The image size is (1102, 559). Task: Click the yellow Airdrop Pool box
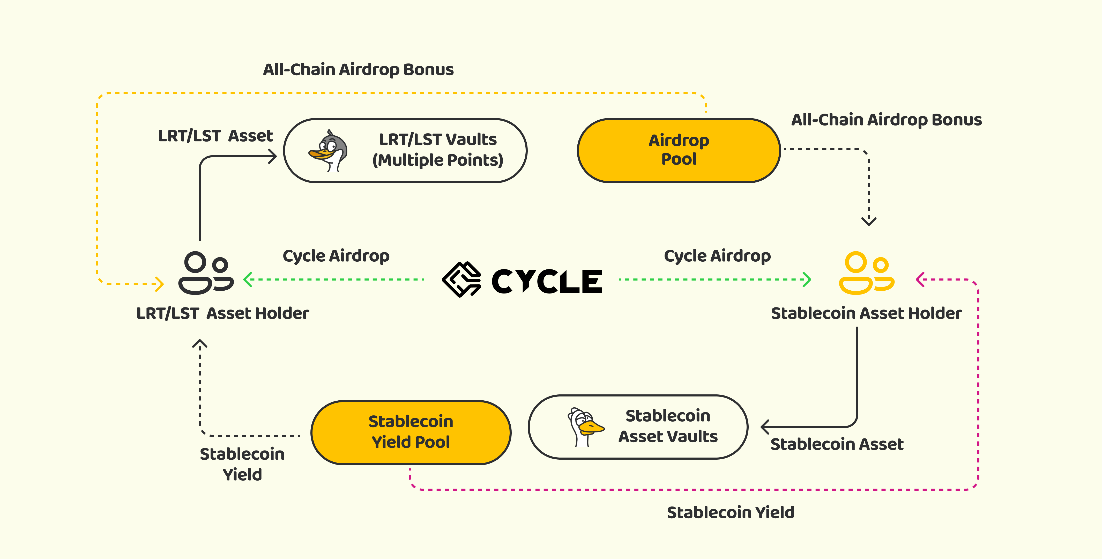click(x=679, y=151)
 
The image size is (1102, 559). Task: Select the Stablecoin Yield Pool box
click(x=411, y=432)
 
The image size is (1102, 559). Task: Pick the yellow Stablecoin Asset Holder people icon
click(x=866, y=273)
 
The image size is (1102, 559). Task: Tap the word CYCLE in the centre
click(x=547, y=281)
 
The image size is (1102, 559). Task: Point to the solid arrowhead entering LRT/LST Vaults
click(x=272, y=156)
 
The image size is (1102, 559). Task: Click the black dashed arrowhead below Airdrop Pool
click(x=869, y=221)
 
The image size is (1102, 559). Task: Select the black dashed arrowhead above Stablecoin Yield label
click(x=200, y=344)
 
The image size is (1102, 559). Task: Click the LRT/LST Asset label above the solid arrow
click(x=215, y=136)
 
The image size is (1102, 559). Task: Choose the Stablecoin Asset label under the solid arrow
click(x=837, y=444)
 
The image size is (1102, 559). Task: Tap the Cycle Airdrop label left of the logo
click(x=336, y=256)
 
